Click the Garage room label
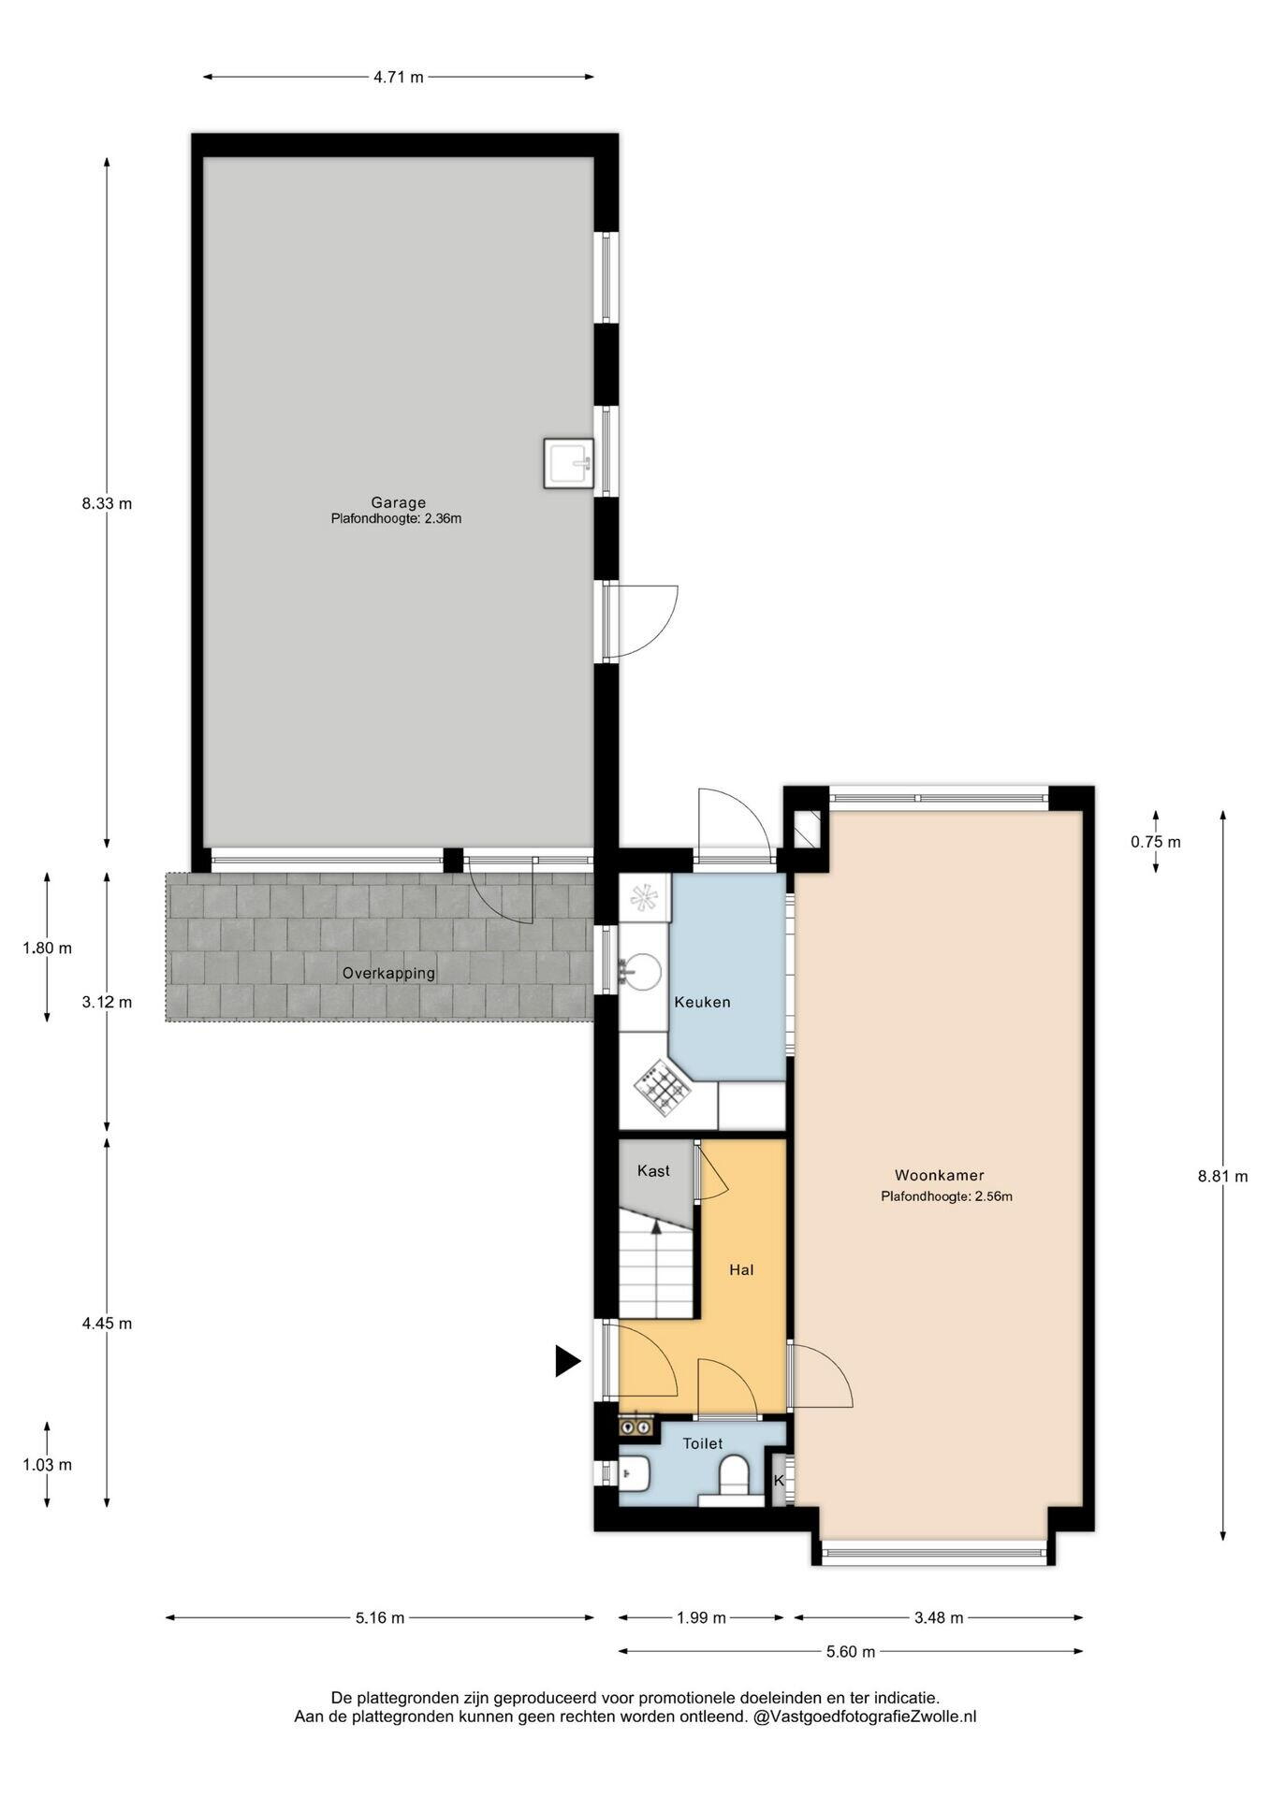[398, 502]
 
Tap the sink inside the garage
[568, 463]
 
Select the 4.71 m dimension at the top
[399, 77]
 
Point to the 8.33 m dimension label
[107, 503]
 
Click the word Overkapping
[388, 973]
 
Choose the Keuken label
[702, 1002]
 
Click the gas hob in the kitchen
[661, 1087]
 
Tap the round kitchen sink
[642, 970]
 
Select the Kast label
[653, 1170]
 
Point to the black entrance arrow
[566, 1360]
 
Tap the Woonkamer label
[939, 1176]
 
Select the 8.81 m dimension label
[1222, 1177]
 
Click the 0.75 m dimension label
[1155, 842]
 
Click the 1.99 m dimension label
[701, 1618]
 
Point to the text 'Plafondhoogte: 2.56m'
[946, 1195]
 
